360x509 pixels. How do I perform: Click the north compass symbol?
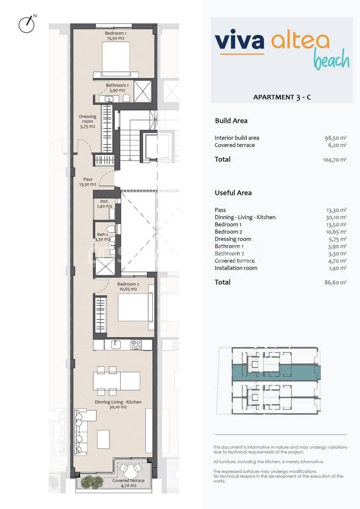click(26, 24)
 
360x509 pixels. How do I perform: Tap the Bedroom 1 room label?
click(115, 36)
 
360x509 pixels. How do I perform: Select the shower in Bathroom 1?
click(143, 91)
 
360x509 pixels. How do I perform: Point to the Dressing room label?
click(87, 121)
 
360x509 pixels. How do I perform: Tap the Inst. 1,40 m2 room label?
click(104, 204)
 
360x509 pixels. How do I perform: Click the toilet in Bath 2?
click(112, 229)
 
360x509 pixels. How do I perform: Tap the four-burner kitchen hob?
click(136, 344)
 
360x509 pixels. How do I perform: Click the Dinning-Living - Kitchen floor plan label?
click(118, 404)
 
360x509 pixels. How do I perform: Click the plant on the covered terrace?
click(88, 482)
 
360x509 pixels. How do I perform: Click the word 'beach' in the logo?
click(331, 60)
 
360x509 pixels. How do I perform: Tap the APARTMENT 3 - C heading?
click(282, 97)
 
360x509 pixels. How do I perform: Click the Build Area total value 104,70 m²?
click(335, 160)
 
